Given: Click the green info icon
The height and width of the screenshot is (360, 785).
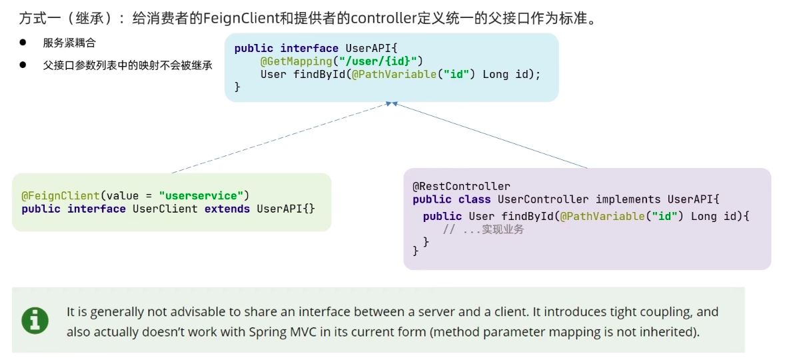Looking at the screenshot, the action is click(x=35, y=321).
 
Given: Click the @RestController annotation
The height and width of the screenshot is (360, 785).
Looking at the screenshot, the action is click(x=461, y=186).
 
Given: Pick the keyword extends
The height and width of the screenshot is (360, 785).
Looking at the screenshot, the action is click(x=227, y=208).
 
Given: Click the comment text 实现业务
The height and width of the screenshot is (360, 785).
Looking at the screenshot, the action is click(x=502, y=229).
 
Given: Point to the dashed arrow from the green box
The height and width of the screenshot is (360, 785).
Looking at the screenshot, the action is click(x=281, y=137).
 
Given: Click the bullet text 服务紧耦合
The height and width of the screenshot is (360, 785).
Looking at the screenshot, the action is click(x=69, y=43).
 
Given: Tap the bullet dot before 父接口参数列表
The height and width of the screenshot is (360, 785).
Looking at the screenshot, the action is click(x=23, y=65).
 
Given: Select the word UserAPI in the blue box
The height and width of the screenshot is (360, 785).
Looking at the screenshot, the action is click(x=367, y=49).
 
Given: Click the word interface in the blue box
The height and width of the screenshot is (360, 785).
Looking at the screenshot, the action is click(x=309, y=49).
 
